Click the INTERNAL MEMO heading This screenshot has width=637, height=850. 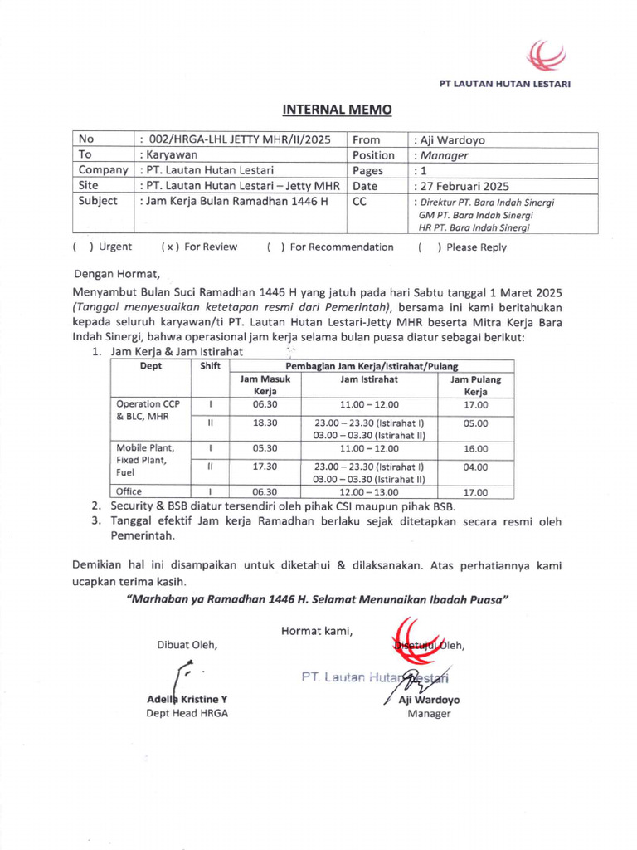click(x=337, y=110)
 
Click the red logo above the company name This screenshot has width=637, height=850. click(x=547, y=56)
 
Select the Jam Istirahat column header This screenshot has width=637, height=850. click(x=369, y=379)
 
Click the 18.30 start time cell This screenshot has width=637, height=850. click(x=265, y=423)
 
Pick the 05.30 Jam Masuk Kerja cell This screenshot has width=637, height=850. click(x=265, y=448)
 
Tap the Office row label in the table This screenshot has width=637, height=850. click(x=129, y=491)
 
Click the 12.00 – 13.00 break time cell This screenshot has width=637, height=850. click(x=369, y=491)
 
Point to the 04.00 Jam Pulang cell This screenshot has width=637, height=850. click(x=476, y=467)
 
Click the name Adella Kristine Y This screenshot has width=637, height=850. click(x=187, y=699)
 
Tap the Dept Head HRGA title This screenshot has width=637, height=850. click(x=187, y=713)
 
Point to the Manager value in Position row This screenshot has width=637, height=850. click(x=444, y=155)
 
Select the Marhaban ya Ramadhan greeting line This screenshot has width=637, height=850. click(x=318, y=599)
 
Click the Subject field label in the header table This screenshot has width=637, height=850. click(x=98, y=201)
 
